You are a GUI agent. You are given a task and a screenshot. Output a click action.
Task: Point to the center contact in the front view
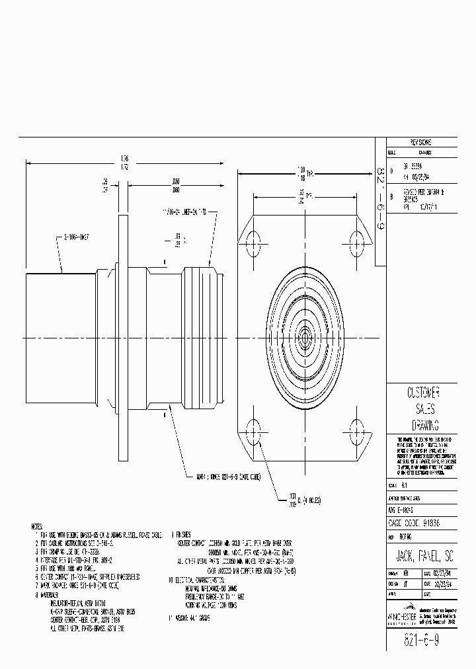coord(305,338)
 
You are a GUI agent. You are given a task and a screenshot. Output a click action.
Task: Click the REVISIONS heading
coord(420,142)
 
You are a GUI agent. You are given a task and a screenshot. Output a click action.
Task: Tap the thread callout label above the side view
coord(185,212)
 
